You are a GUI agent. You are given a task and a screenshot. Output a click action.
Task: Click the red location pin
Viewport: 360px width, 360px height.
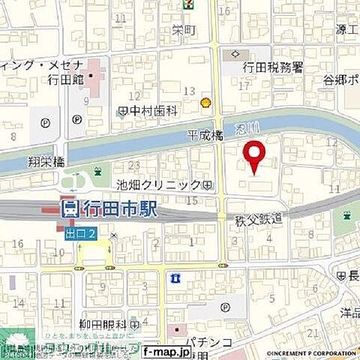tap(255, 155)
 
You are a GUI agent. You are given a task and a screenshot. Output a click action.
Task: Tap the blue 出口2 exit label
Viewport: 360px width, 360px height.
tap(80, 235)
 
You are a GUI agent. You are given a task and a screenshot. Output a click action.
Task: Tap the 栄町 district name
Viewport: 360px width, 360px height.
tap(182, 30)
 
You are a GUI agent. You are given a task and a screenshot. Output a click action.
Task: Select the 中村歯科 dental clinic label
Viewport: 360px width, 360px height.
tap(151, 111)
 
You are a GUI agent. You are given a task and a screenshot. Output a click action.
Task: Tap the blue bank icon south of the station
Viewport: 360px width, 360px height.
tap(175, 278)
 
